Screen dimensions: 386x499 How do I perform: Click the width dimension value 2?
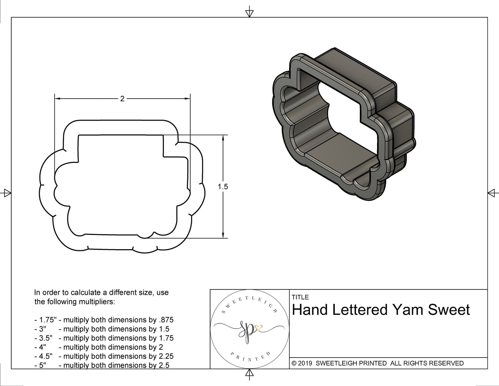(x=122, y=99)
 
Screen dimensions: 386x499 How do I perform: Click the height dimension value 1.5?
(x=223, y=187)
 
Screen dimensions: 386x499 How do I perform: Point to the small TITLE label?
(x=300, y=297)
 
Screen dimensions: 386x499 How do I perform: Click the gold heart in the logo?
(x=259, y=328)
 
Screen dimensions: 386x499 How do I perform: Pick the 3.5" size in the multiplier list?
(x=44, y=338)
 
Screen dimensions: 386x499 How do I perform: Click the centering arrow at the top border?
(x=249, y=13)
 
